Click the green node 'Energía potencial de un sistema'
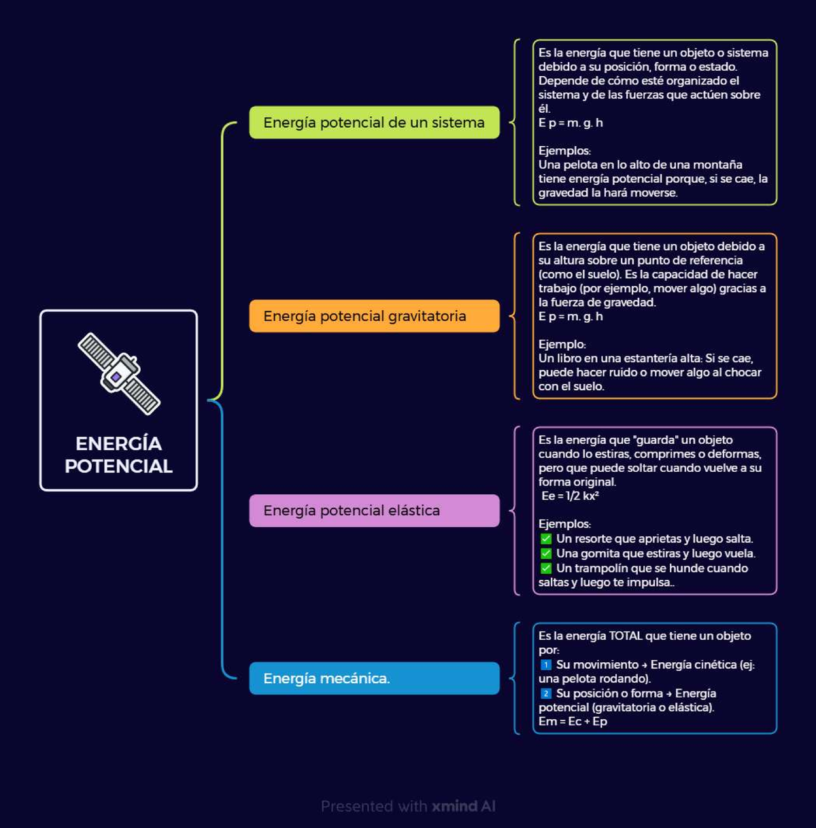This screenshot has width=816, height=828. (x=374, y=122)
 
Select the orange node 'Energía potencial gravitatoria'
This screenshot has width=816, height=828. (x=374, y=316)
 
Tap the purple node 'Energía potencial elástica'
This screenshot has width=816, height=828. (x=374, y=511)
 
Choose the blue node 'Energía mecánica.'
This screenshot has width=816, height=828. (x=374, y=678)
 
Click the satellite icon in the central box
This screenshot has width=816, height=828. (x=119, y=374)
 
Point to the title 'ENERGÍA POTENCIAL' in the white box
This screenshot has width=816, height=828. (x=118, y=455)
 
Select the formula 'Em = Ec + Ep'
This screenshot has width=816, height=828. (x=573, y=721)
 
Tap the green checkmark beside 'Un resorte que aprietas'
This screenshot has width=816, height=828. (x=546, y=539)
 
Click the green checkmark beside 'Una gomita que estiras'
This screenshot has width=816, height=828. (x=546, y=553)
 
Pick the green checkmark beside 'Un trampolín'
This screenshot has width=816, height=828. (x=546, y=568)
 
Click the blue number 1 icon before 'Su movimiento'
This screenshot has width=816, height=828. (x=546, y=665)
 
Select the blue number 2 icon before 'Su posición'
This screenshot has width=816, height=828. (x=546, y=693)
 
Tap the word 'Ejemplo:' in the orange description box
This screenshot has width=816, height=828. (x=562, y=345)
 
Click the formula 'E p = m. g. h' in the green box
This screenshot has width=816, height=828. (x=571, y=123)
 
